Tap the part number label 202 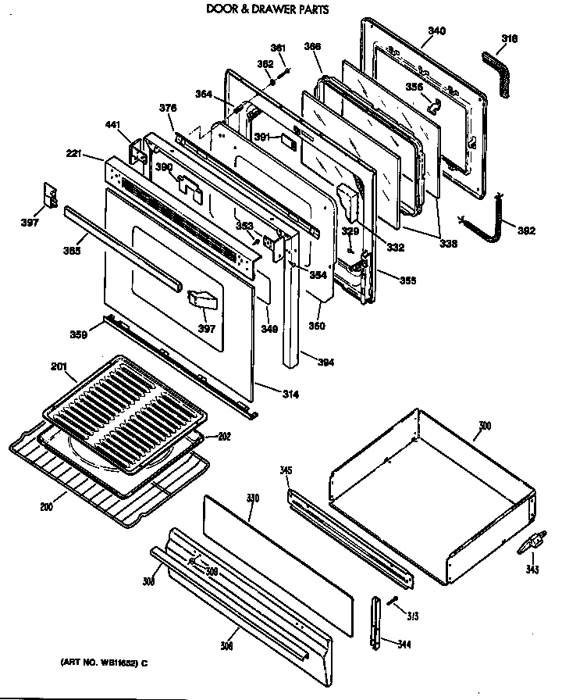pos(223,436)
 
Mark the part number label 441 pos(114,124)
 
